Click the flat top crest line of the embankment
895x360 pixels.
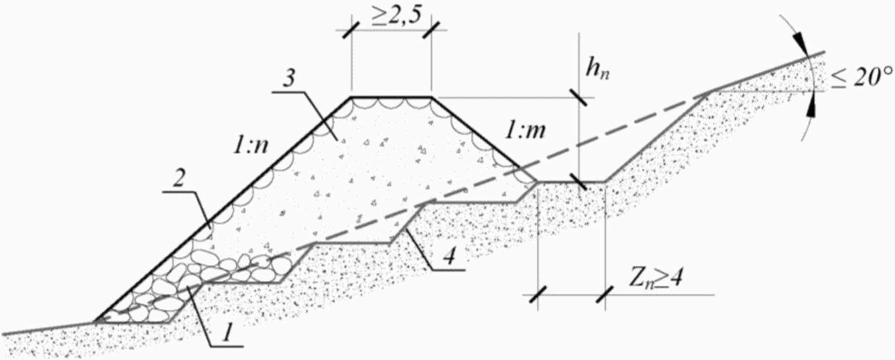click(x=391, y=97)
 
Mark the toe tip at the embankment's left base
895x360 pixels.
click(x=96, y=322)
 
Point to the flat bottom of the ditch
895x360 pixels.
click(x=571, y=181)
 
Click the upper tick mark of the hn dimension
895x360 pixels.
click(x=578, y=98)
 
